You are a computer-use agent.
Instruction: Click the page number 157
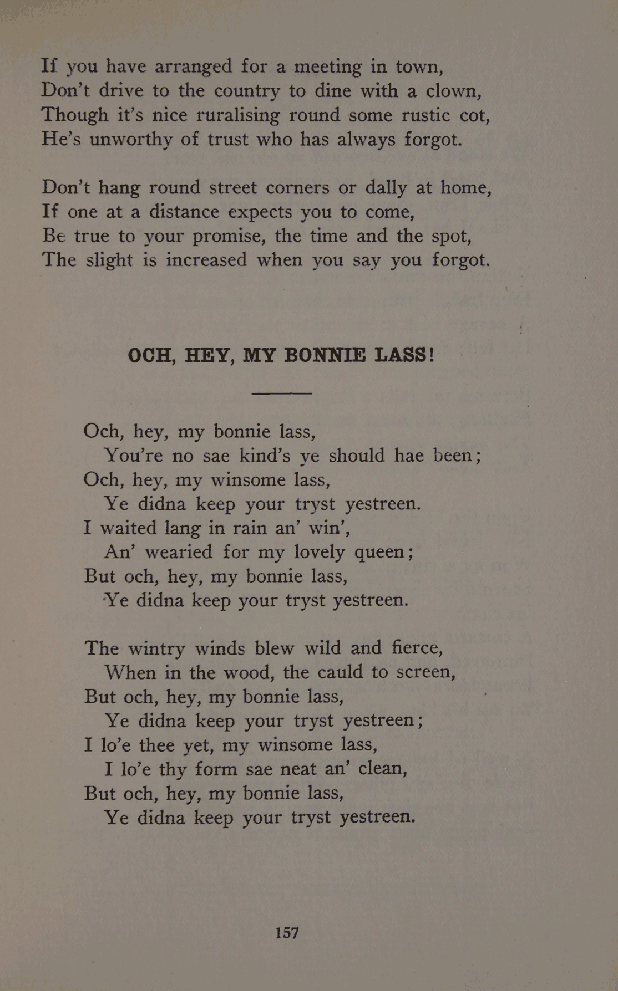[287, 933]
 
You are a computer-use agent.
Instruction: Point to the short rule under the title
[281, 393]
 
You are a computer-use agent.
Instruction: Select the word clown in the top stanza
[453, 90]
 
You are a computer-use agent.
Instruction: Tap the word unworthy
[131, 139]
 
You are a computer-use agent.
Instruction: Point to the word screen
[426, 672]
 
